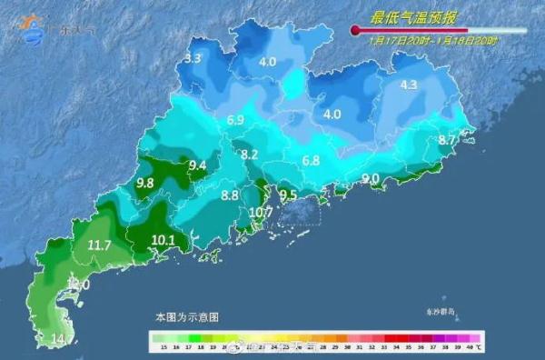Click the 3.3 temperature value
[x=193, y=59]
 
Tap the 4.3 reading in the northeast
[x=408, y=85]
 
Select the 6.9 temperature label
[x=235, y=120]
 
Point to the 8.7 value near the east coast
[x=447, y=140]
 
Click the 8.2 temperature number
[x=250, y=155]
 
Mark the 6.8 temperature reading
[x=311, y=161]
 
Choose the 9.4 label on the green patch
[x=197, y=165]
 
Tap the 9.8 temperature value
[x=144, y=183]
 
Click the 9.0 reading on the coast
[x=371, y=178]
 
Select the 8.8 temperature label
[x=230, y=195]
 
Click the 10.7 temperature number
[x=261, y=213]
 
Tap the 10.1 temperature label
[x=163, y=241]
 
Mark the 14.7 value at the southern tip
[x=62, y=339]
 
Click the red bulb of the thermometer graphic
[x=355, y=30]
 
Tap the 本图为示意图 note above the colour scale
[x=187, y=317]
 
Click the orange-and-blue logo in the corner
[x=32, y=27]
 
